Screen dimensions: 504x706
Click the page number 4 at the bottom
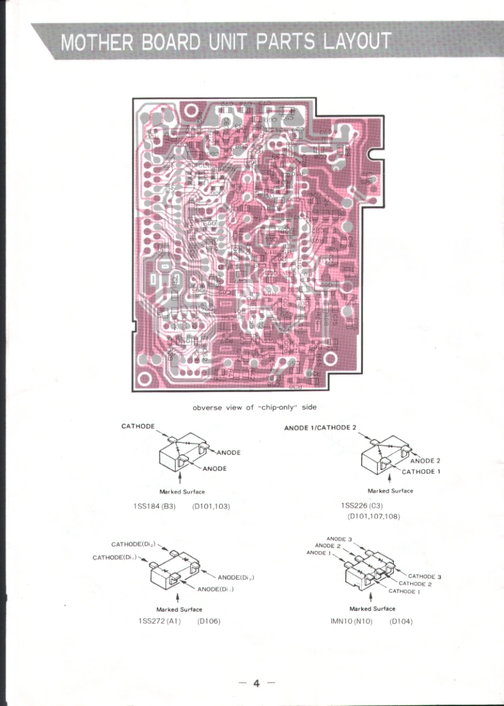pyautogui.click(x=256, y=683)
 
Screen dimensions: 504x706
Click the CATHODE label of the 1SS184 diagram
pyautogui.click(x=137, y=427)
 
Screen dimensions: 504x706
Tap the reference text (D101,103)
pyautogui.click(x=210, y=506)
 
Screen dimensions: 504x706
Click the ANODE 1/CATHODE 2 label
pyautogui.click(x=320, y=428)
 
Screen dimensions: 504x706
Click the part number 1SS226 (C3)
pyautogui.click(x=362, y=506)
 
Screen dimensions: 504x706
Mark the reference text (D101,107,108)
pyautogui.click(x=374, y=517)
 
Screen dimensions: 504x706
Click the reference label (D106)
pyautogui.click(x=208, y=621)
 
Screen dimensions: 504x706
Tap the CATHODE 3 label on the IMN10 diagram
pyautogui.click(x=425, y=576)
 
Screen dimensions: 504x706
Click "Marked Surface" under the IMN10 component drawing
pyautogui.click(x=372, y=608)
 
